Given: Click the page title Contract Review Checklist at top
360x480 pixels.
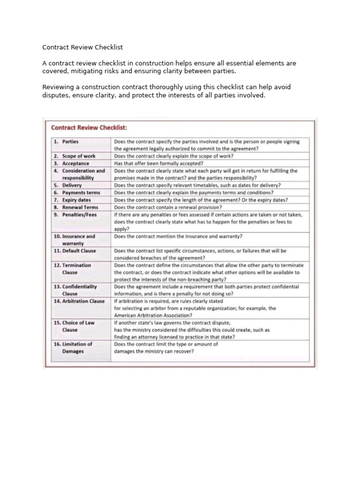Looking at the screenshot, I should pyautogui.click(x=82, y=47).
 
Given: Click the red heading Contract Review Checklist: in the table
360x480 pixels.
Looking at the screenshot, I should pyautogui.click(x=89, y=127).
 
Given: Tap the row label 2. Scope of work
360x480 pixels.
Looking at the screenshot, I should pyautogui.click(x=74, y=156).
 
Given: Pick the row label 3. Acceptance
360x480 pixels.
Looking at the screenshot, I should pyautogui.click(x=71, y=163).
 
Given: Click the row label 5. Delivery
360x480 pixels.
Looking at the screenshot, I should pyautogui.click(x=68, y=185).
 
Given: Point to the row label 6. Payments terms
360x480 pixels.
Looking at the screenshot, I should pyautogui.click(x=77, y=192).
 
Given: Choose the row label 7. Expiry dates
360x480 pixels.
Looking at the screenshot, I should pyautogui.click(x=72, y=200).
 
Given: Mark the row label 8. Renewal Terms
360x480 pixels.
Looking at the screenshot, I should pyautogui.click(x=75, y=207).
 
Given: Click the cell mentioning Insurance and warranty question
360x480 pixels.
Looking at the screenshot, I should pyautogui.click(x=178, y=236).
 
